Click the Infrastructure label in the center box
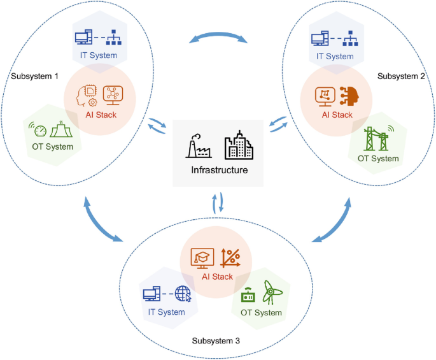pyautogui.click(x=218, y=170)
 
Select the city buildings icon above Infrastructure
pyautogui.click(x=238, y=145)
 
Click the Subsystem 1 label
pyautogui.click(x=35, y=76)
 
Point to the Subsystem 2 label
pyautogui.click(x=402, y=76)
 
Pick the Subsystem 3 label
pyautogui.click(x=216, y=340)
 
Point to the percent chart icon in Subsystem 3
pyautogui.click(x=230, y=257)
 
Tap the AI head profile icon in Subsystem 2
pyautogui.click(x=350, y=96)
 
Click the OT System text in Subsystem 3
pyautogui.click(x=261, y=312)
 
